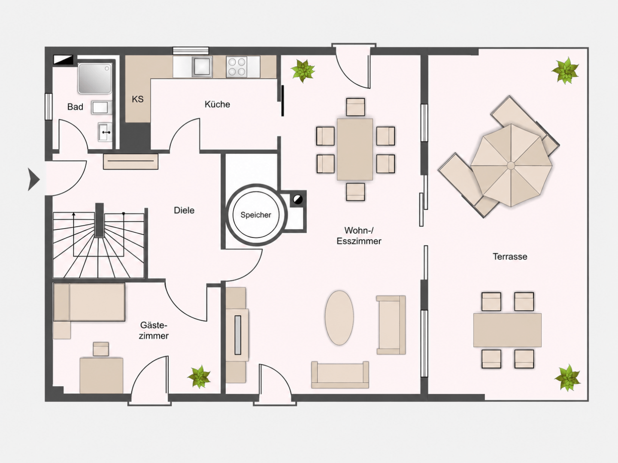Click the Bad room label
click(x=75, y=107)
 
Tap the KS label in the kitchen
click(x=138, y=99)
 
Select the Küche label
click(x=217, y=104)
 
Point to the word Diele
click(x=184, y=210)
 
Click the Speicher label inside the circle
click(x=256, y=215)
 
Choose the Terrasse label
click(x=510, y=257)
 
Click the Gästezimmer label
click(x=154, y=331)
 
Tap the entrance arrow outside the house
click(x=34, y=179)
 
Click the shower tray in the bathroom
click(x=95, y=78)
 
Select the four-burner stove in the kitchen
click(x=237, y=67)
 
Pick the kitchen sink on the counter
click(x=202, y=66)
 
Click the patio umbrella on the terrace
click(x=511, y=165)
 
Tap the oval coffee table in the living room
click(x=339, y=318)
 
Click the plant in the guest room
click(x=199, y=377)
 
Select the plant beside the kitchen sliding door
click(x=303, y=71)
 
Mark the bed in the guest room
click(x=89, y=302)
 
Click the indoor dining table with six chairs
click(x=355, y=149)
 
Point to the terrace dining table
click(x=507, y=330)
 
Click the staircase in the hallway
click(x=99, y=242)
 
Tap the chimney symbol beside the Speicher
click(x=297, y=199)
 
